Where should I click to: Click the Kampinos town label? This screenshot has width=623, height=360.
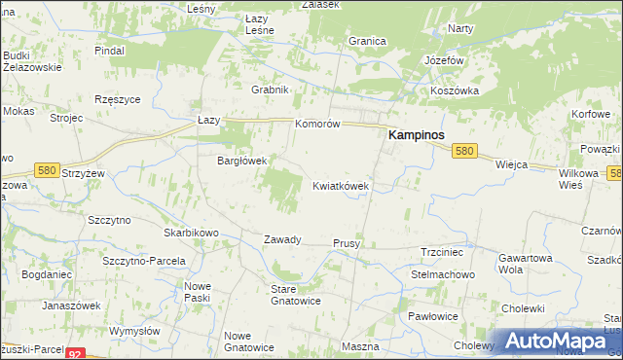(417, 136)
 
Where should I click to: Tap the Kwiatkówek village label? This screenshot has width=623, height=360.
(340, 185)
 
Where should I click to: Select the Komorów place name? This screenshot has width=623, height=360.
(317, 125)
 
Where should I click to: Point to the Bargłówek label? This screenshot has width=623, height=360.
(241, 161)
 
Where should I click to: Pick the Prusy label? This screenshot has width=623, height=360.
(347, 243)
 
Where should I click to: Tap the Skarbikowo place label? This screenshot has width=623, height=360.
(191, 234)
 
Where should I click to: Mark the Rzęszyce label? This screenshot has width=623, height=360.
(119, 99)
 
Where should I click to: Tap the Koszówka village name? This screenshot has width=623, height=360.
(455, 90)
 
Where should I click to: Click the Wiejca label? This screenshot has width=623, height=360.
(511, 165)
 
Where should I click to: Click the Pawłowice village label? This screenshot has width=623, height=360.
(432, 317)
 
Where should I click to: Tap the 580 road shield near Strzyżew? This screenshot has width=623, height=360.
(46, 170)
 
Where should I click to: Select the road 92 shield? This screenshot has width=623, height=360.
(75, 354)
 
